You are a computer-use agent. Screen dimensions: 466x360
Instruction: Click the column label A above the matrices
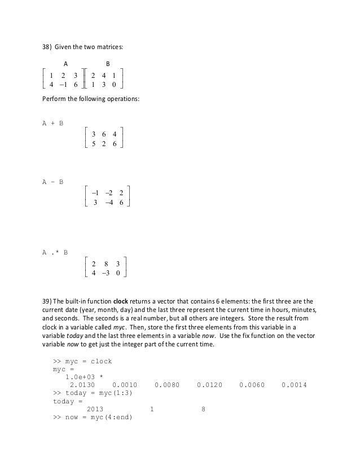65,64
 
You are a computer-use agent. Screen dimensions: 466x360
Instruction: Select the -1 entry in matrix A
65,85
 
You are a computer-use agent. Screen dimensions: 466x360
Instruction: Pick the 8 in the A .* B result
106,263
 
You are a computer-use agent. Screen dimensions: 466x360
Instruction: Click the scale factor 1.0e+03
85,376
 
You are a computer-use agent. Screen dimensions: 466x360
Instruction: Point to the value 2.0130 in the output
83,385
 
